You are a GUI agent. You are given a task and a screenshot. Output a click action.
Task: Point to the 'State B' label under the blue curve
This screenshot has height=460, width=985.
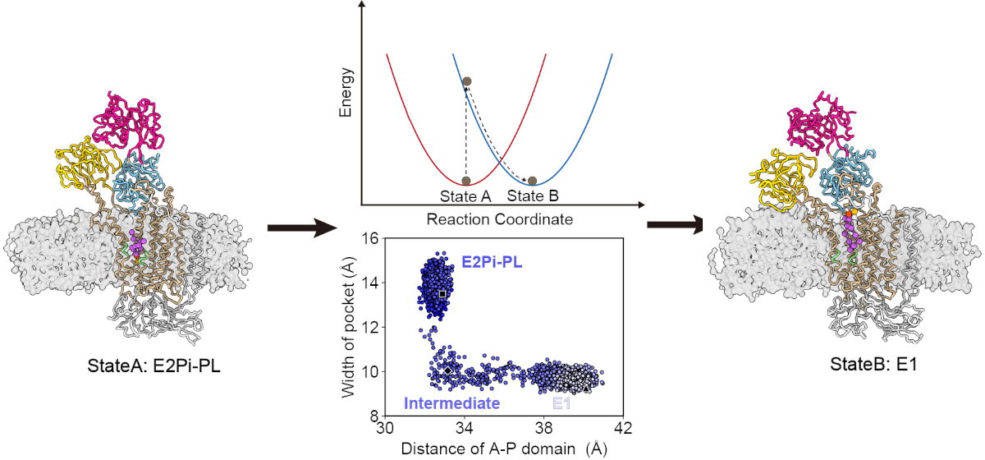533,196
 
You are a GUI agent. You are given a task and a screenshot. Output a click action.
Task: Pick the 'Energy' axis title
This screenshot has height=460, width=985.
347,95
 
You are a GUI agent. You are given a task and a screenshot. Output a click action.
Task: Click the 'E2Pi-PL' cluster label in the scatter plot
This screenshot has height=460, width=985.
490,263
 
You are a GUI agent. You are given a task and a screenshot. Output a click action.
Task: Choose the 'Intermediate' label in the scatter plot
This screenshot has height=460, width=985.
452,402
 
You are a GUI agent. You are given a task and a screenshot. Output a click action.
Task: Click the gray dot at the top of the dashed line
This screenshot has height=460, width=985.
466,81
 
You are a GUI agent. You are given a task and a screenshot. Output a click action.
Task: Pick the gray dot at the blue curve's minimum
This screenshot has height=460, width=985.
532,181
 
